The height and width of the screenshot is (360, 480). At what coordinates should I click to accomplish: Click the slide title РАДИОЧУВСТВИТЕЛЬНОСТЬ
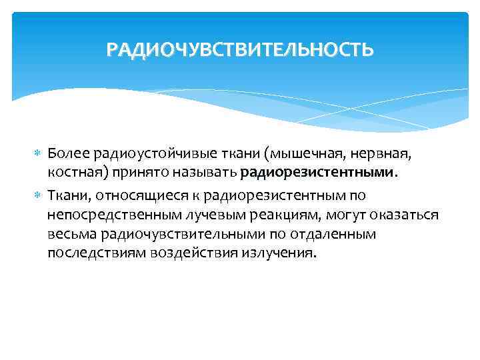pyautogui.click(x=240, y=50)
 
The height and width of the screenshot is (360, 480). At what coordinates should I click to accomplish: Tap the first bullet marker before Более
pyautogui.click(x=37, y=155)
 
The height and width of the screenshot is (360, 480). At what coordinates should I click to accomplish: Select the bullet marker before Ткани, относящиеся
pyautogui.click(x=37, y=195)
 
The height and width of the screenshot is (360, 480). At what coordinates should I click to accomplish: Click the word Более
pyautogui.click(x=66, y=155)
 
